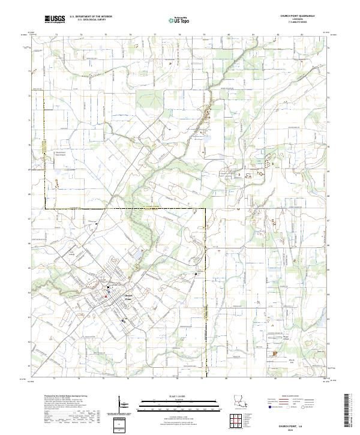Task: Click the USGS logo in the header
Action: pos(54,19)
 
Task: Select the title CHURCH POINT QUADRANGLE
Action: pos(293,17)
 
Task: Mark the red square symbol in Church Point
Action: pos(107,296)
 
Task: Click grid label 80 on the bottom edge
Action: pos(228,379)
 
